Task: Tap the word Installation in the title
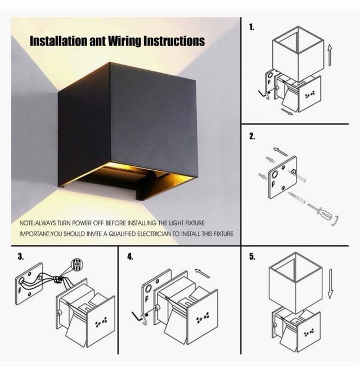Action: click(58, 41)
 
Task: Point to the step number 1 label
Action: click(251, 27)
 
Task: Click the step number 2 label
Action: click(252, 136)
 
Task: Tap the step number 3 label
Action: click(21, 256)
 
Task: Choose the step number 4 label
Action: click(130, 256)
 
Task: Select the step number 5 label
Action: click(252, 256)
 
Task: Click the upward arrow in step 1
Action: click(330, 55)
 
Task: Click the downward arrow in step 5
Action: click(330, 284)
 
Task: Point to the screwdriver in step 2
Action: click(318, 211)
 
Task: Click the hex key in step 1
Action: click(262, 94)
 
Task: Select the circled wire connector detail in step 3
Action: click(77, 265)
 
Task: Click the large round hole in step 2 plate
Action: click(274, 174)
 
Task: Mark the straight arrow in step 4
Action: click(202, 273)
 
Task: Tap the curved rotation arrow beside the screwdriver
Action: click(336, 221)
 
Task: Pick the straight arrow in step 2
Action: click(280, 151)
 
